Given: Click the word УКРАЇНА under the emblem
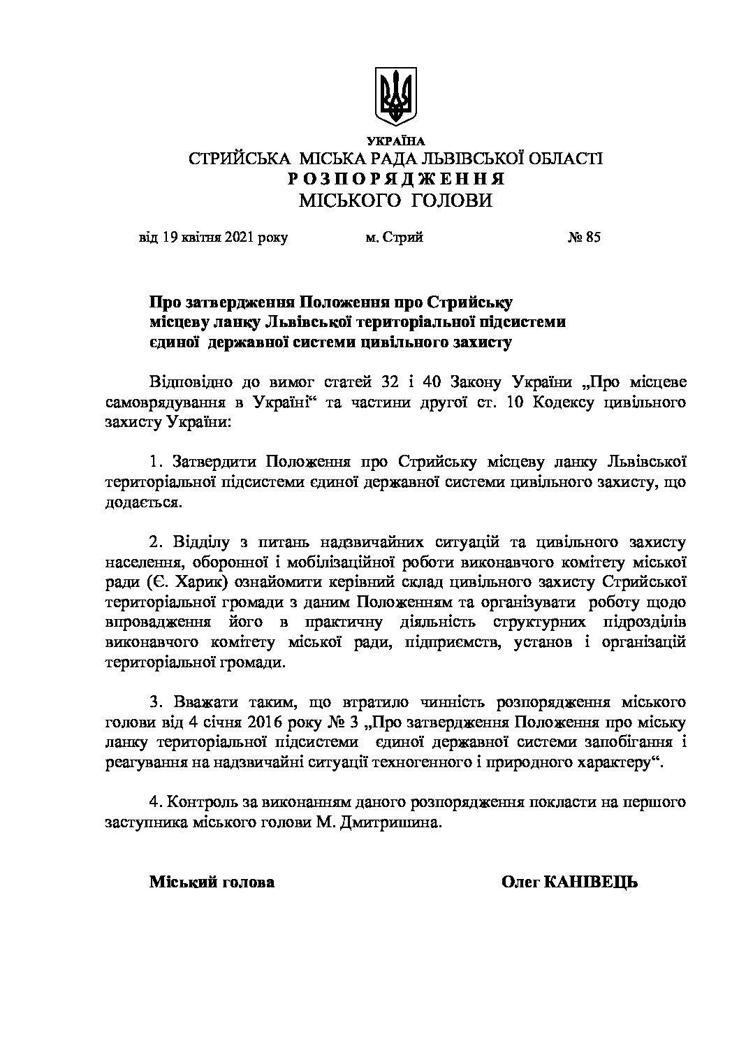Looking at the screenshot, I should click(395, 142).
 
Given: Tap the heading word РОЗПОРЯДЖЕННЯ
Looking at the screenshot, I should click(396, 179).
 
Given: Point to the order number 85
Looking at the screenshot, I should click(593, 238).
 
